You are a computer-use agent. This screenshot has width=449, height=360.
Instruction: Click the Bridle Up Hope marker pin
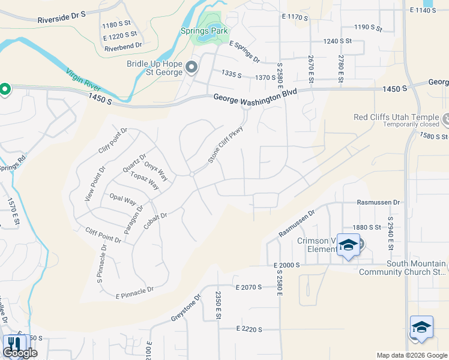tap(192, 67)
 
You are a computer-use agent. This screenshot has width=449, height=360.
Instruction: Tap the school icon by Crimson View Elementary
tap(348, 245)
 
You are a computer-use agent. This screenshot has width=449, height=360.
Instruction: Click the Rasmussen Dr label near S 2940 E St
tap(378, 204)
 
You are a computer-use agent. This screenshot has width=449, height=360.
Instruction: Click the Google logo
tap(19, 353)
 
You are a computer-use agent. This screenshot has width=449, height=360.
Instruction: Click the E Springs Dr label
tap(244, 52)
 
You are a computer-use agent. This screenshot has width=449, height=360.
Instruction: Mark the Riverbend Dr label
tap(122, 45)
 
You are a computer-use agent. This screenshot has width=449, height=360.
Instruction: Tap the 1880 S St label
tap(367, 227)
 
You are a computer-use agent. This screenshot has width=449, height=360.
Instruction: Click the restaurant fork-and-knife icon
tap(13, 344)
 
